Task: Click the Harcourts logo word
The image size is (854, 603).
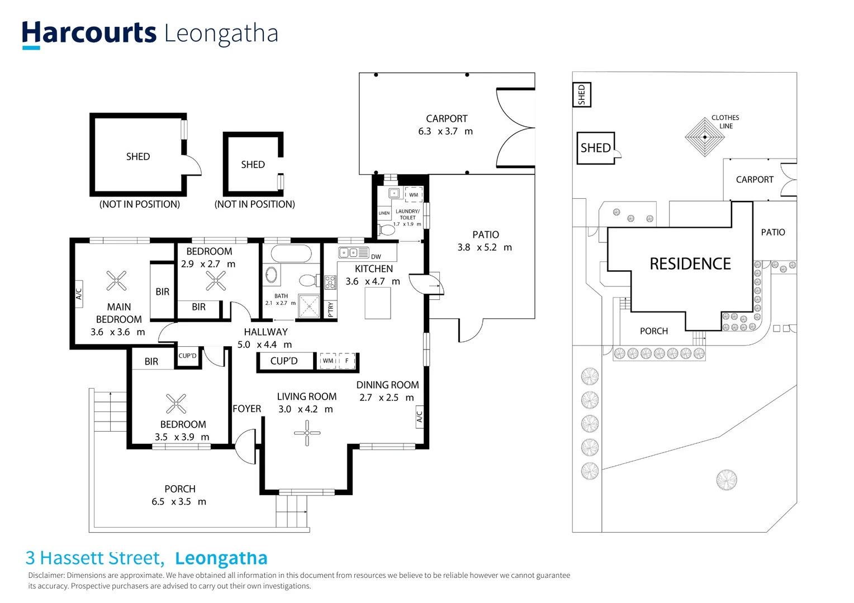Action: point(89,33)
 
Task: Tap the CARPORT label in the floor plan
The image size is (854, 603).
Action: point(446,118)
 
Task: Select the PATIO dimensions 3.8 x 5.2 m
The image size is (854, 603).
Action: point(484,247)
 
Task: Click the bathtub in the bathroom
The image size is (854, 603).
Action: point(291,254)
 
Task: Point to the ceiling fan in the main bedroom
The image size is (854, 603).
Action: point(116,281)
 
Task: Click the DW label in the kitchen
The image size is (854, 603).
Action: point(376,257)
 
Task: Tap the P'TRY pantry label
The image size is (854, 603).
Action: point(330,309)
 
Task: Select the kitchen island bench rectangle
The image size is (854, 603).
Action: point(377,303)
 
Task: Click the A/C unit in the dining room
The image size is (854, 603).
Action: point(419,417)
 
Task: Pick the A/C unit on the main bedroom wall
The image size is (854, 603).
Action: point(79,291)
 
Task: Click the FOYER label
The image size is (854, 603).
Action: point(246,409)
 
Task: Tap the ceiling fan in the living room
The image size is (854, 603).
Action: point(307,433)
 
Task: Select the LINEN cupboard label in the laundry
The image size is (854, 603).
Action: point(384,213)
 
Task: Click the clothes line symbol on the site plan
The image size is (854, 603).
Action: point(704,137)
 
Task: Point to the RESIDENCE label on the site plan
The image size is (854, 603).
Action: point(690,264)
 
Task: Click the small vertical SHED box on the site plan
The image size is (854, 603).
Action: point(581,95)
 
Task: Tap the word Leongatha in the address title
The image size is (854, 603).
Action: point(221,558)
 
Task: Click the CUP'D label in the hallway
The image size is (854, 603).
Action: point(284,361)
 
